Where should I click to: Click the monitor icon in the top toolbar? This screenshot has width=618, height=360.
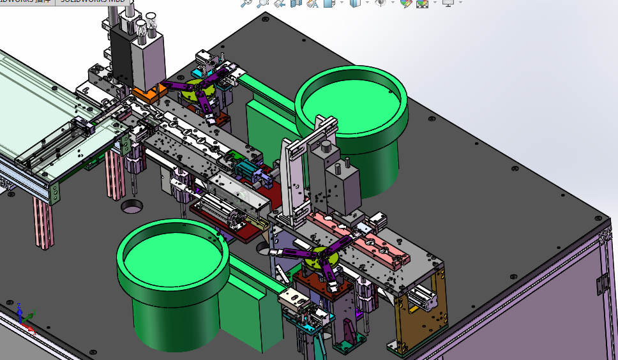click(448, 3)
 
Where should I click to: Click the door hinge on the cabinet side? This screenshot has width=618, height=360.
click(601, 283)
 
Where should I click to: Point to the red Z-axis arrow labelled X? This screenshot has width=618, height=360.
click(29, 329)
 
